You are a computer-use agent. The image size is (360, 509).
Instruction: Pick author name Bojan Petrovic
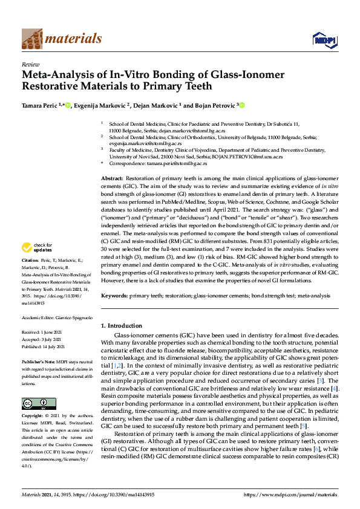coord(214,105)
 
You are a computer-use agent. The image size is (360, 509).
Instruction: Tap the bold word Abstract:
coord(111,180)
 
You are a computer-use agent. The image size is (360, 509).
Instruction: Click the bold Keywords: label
coord(114,296)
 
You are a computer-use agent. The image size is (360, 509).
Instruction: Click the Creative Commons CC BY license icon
coord(34,403)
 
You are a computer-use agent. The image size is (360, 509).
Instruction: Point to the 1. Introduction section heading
coord(124,325)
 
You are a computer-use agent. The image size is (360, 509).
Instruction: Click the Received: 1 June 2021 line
coord(45,332)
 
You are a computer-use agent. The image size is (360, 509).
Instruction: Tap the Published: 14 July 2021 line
coord(46,347)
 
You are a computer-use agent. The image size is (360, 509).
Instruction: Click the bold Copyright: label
coord(34,417)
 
